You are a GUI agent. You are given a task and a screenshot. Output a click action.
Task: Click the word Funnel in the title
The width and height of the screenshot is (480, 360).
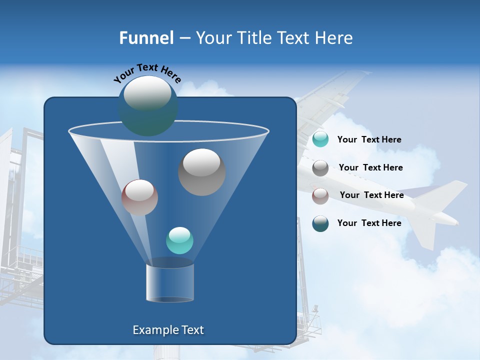point(146,38)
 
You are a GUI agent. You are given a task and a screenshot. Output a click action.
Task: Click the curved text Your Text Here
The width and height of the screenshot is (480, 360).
point(147,73)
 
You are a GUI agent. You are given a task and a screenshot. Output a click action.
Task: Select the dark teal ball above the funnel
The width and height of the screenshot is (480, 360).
point(147,106)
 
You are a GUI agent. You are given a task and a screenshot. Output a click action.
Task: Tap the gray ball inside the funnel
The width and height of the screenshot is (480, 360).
point(201,172)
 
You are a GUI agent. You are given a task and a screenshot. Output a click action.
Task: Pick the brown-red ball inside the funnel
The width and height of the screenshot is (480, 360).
point(139,197)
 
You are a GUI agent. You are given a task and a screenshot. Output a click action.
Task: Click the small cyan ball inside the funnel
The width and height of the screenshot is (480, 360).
point(179,240)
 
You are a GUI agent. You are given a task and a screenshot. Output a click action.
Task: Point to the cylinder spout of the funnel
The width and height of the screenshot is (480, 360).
point(169,282)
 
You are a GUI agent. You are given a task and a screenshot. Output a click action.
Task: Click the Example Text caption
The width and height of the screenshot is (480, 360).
point(168,330)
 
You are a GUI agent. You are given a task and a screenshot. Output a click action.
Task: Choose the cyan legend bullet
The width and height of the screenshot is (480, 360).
point(320,139)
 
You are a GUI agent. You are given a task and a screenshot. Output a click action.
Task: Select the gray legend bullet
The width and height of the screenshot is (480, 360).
point(320,168)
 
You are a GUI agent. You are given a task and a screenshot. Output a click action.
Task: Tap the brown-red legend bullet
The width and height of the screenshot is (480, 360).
point(320,195)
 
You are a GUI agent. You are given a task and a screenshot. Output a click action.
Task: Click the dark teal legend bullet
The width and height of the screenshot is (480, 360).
point(320,223)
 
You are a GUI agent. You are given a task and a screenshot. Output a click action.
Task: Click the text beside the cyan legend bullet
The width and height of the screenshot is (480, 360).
point(369,140)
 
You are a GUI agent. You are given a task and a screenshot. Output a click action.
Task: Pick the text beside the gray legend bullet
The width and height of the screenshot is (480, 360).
point(370,168)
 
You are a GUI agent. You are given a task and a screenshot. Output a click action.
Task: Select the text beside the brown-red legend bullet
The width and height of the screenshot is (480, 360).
point(371,195)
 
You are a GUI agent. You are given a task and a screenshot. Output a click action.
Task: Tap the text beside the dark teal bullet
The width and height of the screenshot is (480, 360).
point(369,223)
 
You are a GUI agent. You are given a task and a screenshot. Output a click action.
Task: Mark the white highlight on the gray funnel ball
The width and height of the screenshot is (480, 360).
point(201,162)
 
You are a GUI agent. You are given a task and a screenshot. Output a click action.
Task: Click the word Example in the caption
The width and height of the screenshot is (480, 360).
point(154,330)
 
